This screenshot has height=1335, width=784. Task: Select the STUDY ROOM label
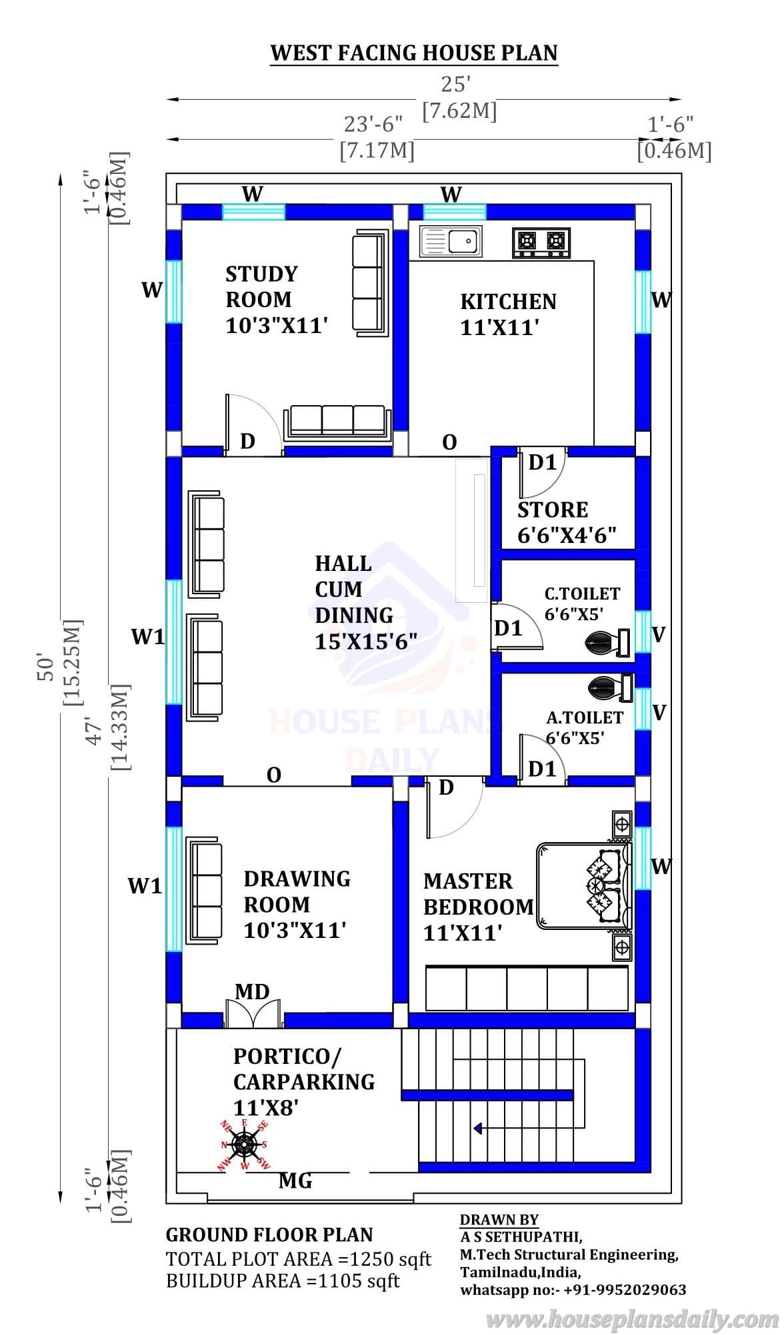[x=261, y=286]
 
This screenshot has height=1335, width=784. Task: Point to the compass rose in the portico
[x=245, y=1144]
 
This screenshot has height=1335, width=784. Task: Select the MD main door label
[x=252, y=992]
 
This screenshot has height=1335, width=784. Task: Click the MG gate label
[x=295, y=1181]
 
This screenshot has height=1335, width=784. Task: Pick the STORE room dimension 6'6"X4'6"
[x=567, y=536]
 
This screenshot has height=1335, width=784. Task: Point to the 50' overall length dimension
[x=47, y=666]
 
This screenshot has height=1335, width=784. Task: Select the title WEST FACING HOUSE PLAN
[x=414, y=53]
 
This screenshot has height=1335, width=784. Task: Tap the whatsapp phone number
[x=625, y=1289]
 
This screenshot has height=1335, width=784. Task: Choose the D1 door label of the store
[x=542, y=462]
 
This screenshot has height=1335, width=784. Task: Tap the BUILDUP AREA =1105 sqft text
[x=283, y=1281]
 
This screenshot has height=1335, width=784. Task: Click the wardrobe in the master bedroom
[x=527, y=988]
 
